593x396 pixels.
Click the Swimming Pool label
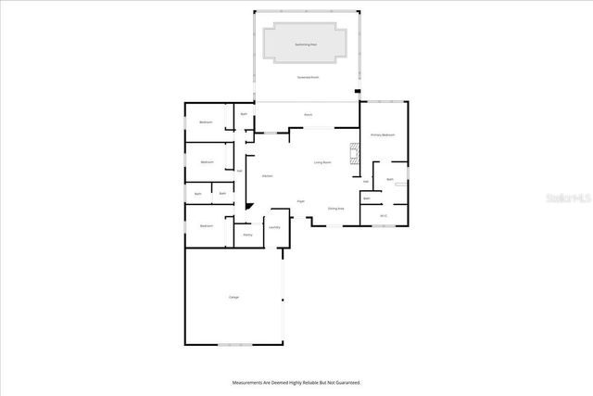coord(305,44)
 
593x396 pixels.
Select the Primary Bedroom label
coord(383,134)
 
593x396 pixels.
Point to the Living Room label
coord(322,162)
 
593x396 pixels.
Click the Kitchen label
coord(267,175)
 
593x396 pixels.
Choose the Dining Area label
coord(335,209)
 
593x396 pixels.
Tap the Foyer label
coord(301,200)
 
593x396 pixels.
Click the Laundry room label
coord(274,227)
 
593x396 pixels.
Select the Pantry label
coord(247,235)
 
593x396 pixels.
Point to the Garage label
coord(233,297)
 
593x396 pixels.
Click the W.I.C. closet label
coord(383,216)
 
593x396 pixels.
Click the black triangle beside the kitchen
coord(247,205)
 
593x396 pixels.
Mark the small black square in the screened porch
coord(357,92)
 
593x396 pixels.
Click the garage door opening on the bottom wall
coord(233,346)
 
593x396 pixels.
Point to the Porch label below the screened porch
coord(308,115)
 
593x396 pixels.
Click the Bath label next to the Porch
coord(244,114)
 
